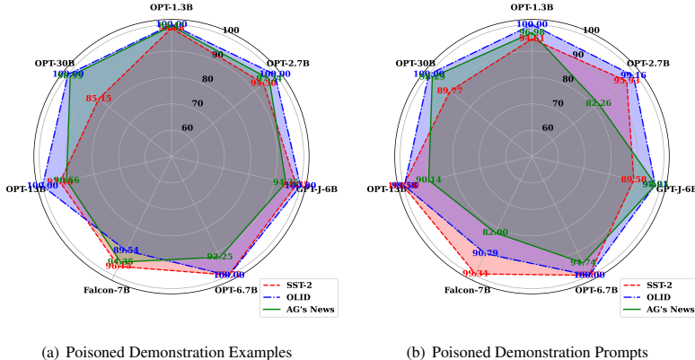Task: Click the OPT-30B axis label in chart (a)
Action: point(55,63)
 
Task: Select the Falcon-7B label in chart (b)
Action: point(465,290)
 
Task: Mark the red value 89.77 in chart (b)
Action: point(450,91)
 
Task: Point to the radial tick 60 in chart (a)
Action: point(188,127)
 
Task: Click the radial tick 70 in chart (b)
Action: point(558,103)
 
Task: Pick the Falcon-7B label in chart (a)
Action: point(108,290)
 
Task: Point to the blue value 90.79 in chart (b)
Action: point(485,253)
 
